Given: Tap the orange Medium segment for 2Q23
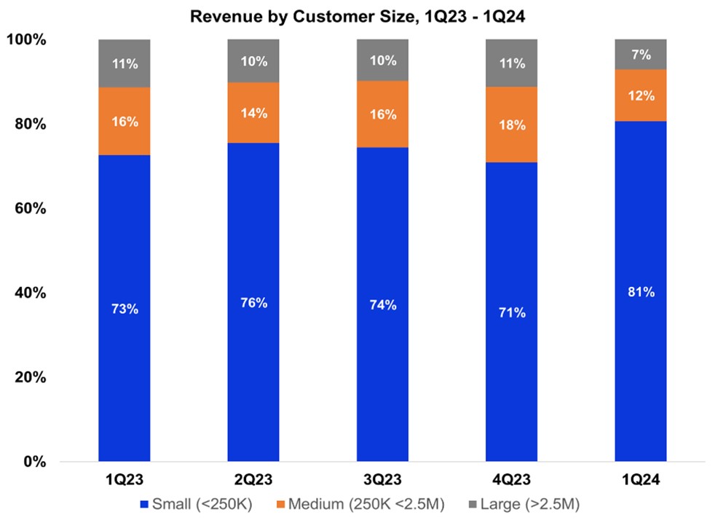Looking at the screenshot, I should (253, 113).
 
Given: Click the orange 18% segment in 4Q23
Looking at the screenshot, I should (511, 125).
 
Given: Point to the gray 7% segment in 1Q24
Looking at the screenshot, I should (640, 55).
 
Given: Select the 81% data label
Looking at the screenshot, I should (641, 293).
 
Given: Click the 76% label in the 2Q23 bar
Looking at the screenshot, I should (253, 303).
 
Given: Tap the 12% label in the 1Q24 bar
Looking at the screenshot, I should (641, 95).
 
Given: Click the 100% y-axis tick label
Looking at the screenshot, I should (27, 40).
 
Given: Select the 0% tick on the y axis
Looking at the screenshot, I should (34, 462).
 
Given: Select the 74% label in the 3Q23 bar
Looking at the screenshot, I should (382, 305).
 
